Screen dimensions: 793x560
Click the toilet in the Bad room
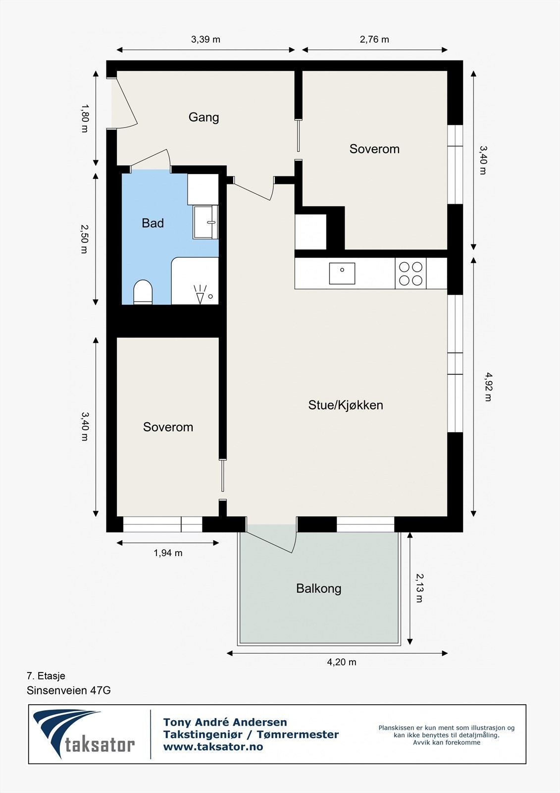pos(143,292)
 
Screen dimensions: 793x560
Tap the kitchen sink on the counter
pos(342,273)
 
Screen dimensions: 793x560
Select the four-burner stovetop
pos(410,274)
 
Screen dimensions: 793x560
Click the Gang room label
pos(204,117)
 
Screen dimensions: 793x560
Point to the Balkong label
pos(318,588)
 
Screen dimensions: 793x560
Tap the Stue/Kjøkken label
pos(346,405)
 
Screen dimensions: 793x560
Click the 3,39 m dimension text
pos(205,40)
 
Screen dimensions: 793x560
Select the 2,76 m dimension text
pos(374,40)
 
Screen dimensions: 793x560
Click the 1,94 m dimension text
pos(168,553)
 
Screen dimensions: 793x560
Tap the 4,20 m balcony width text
pos(342,662)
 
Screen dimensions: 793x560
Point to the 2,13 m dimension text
pos(419,588)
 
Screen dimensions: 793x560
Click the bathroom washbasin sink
pos(205,222)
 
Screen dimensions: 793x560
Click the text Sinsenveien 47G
pos(68,690)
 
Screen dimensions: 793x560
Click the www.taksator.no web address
pos(213,747)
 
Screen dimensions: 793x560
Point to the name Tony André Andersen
pos(225,722)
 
